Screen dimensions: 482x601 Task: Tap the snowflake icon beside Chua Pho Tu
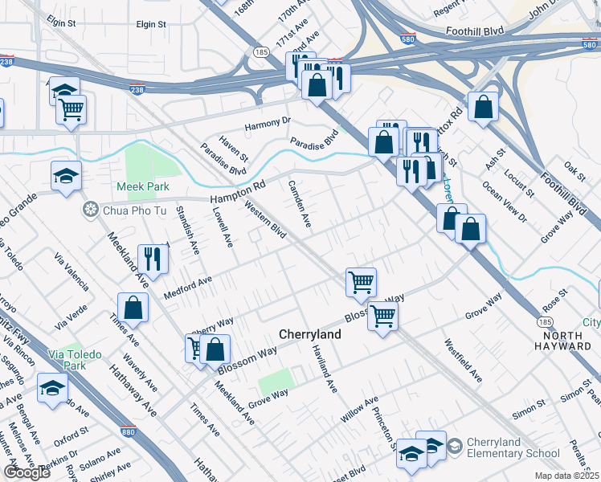(89, 210)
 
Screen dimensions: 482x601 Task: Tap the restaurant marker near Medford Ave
(151, 259)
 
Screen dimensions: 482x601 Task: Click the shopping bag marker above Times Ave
(133, 308)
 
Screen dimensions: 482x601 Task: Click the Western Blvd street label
(264, 223)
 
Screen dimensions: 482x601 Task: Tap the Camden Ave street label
(299, 204)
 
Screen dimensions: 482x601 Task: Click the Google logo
(27, 472)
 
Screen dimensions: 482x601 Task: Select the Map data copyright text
(566, 476)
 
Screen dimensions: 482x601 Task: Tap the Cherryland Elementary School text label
(509, 448)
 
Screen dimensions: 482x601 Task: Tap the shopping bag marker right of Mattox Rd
(482, 107)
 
